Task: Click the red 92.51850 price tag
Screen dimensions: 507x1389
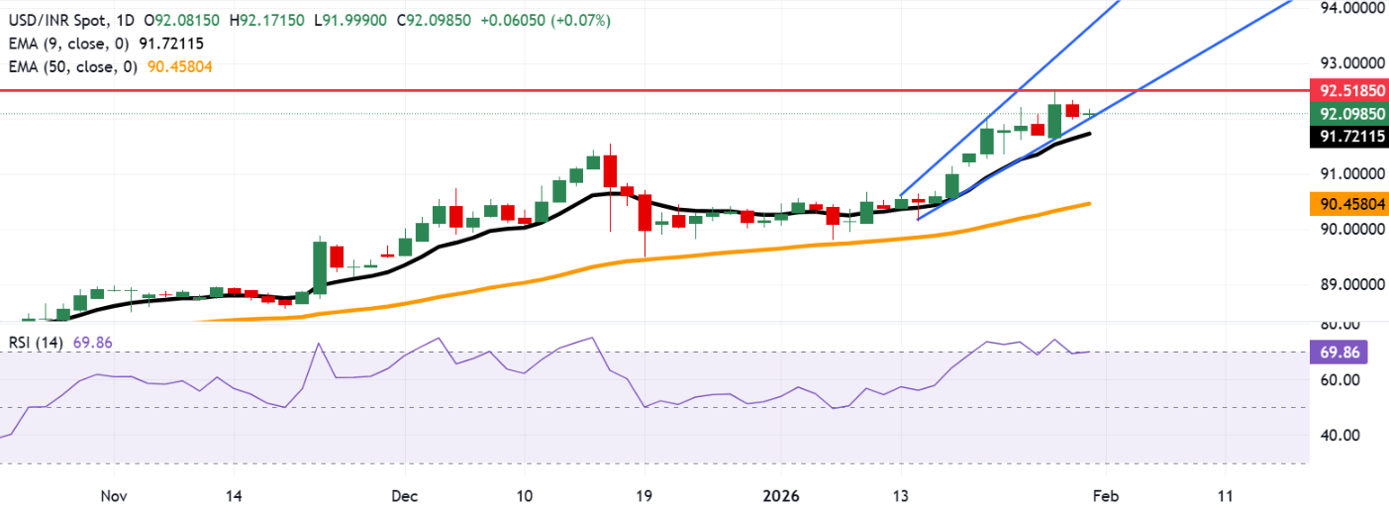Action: pyautogui.click(x=1347, y=90)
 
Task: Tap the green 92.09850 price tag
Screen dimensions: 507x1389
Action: pyautogui.click(x=1347, y=114)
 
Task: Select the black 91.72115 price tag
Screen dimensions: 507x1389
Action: pyautogui.click(x=1347, y=138)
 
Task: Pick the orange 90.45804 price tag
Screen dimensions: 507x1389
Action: pyautogui.click(x=1347, y=204)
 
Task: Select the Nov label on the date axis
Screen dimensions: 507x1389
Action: pyautogui.click(x=115, y=494)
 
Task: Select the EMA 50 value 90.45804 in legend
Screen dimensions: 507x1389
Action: pyautogui.click(x=179, y=66)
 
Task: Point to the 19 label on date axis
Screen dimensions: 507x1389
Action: pyautogui.click(x=643, y=494)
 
